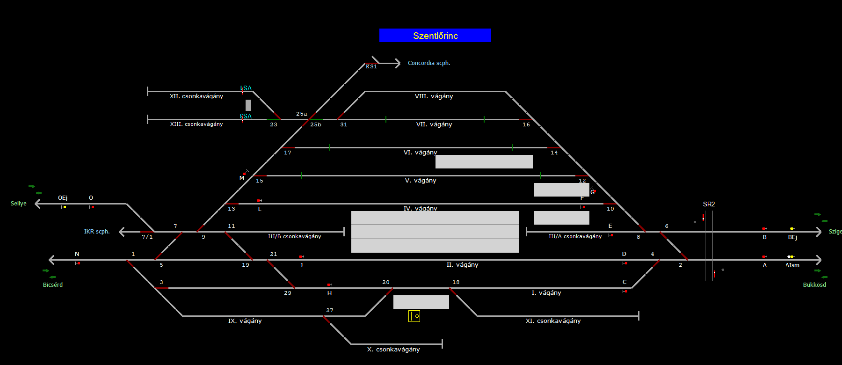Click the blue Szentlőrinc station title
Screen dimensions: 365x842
(x=435, y=36)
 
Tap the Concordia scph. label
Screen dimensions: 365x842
(x=428, y=63)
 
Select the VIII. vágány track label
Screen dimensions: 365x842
(x=434, y=96)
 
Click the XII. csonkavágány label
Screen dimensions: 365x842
(x=196, y=96)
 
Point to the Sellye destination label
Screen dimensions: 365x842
(x=19, y=204)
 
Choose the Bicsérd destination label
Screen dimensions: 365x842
(x=53, y=285)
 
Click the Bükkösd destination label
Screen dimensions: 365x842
(x=814, y=285)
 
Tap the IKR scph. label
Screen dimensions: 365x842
(x=97, y=232)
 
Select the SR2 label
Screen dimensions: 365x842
(x=709, y=204)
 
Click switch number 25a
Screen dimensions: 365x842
(x=302, y=114)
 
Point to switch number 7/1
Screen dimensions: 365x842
(x=147, y=237)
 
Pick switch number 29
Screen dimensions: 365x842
(x=288, y=293)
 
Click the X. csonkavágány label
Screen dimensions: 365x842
(x=393, y=350)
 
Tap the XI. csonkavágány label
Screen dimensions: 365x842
(x=553, y=321)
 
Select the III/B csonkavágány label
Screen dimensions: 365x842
(x=295, y=236)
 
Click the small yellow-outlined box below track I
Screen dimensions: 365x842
(x=414, y=316)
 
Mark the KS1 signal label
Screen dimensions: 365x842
(x=371, y=67)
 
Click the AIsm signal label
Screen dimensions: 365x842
(x=792, y=265)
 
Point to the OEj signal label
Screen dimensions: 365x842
(x=63, y=198)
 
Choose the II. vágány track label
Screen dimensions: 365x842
(x=462, y=265)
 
